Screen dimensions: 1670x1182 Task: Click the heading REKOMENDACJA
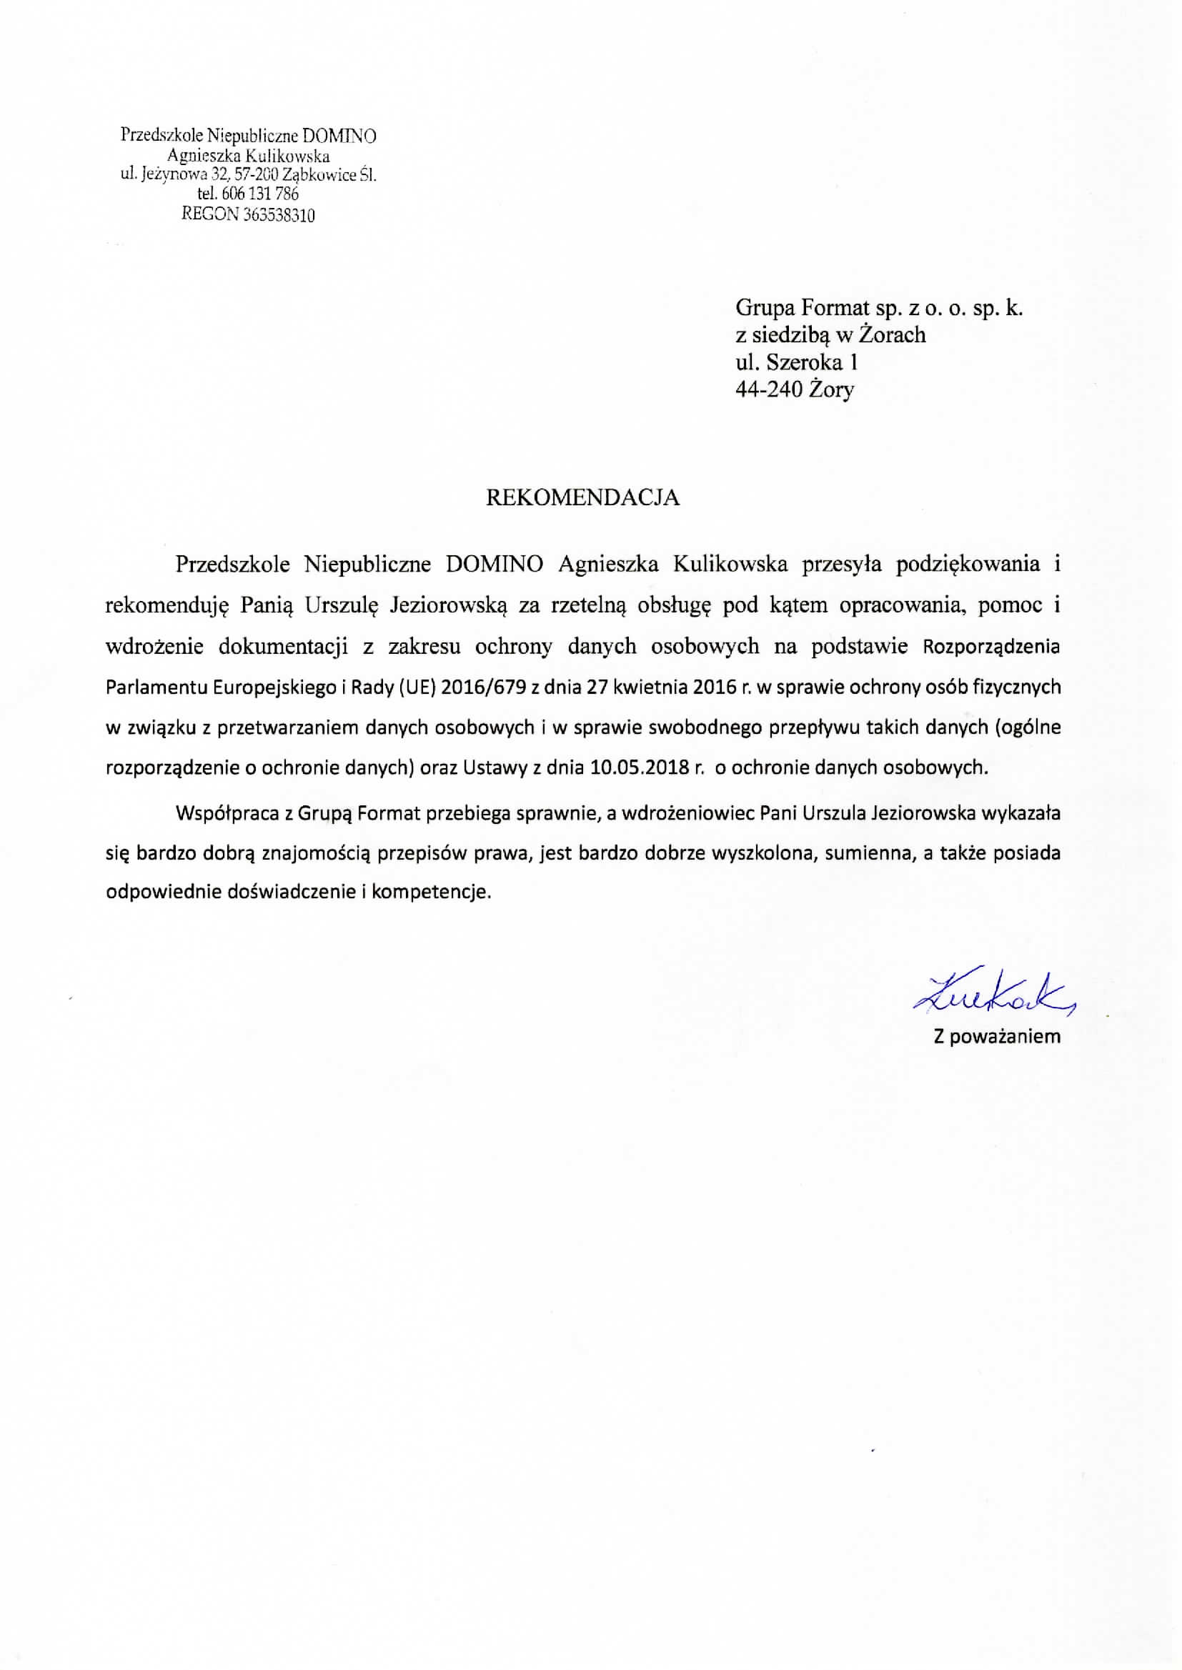582,498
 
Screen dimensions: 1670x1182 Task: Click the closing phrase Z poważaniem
997,1037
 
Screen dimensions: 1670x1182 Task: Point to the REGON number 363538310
275,214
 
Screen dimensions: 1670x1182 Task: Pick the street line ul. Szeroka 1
797,362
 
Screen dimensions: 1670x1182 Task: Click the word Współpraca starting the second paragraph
226,814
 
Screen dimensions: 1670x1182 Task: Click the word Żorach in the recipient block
893,334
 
